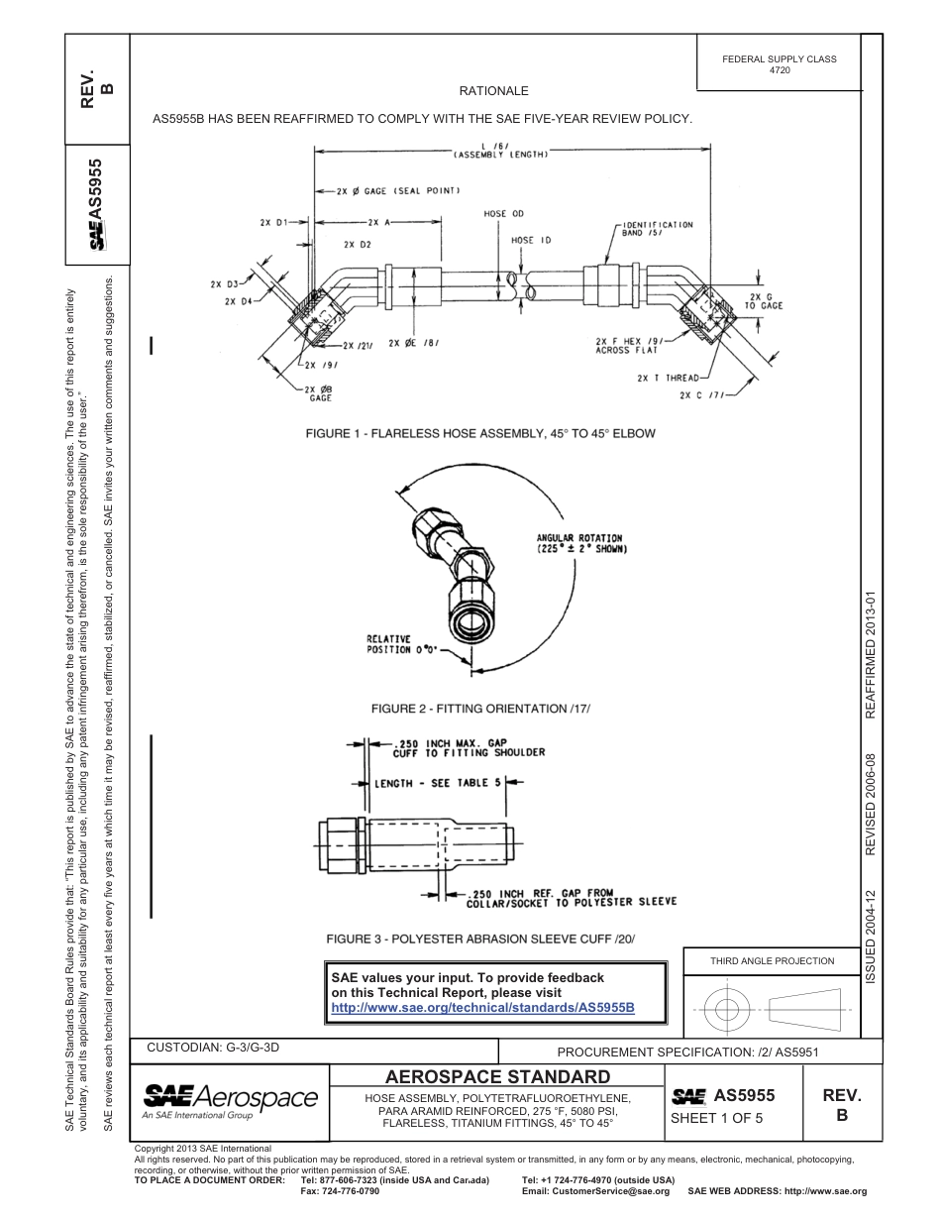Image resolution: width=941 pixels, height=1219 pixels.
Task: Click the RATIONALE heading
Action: pos(493,91)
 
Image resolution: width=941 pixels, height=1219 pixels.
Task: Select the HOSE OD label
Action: pos(503,214)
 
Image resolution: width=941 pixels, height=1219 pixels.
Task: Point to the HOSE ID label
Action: pos(531,241)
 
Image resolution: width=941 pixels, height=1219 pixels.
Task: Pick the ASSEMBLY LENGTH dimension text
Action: pos(501,156)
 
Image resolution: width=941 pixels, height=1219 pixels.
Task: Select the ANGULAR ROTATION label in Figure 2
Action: pos(581,543)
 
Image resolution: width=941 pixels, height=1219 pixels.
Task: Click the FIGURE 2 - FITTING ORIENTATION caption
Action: pos(479,709)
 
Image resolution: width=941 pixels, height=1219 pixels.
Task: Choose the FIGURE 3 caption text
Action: pos(479,939)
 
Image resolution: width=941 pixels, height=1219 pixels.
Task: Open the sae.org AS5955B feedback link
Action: pos(481,1007)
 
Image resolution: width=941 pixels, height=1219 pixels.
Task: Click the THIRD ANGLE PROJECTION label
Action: pos(772,960)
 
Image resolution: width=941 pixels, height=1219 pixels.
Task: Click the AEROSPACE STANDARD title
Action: pos(497,1076)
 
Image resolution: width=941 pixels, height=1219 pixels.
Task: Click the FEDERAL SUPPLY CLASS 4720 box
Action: pos(779,64)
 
